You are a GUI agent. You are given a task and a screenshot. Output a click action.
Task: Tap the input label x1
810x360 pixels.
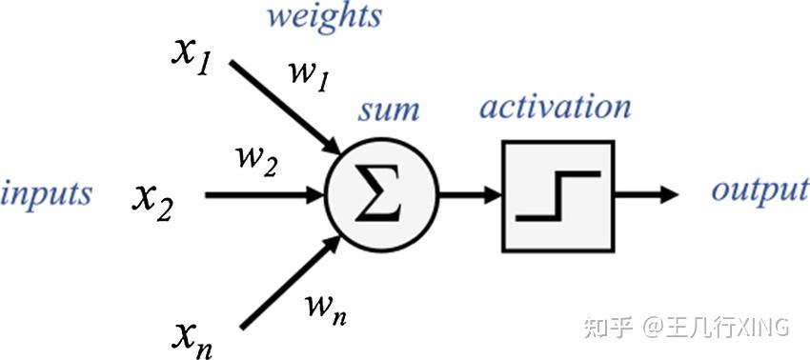191,58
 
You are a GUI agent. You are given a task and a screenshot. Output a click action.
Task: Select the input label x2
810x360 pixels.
152,203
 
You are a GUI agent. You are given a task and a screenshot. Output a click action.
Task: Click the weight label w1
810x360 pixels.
309,76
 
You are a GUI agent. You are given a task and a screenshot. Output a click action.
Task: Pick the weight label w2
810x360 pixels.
256,161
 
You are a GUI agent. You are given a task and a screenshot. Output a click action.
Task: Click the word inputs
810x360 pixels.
47,194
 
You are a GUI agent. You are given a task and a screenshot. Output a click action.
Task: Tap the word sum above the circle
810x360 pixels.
389,111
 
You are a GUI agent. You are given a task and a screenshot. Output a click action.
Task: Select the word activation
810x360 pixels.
556,107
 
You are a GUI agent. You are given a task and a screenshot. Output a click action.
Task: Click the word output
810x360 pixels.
760,191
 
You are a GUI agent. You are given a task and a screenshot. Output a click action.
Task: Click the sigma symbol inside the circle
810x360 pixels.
382,194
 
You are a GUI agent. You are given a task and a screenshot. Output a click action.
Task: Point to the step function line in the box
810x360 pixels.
557,196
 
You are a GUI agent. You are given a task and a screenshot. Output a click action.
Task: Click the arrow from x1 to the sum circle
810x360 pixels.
285,108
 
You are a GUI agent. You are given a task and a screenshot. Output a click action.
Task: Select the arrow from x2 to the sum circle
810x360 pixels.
265,194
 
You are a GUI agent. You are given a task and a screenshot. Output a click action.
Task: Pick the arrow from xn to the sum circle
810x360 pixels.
291,282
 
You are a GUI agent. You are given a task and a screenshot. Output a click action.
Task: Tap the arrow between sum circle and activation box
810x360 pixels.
470,194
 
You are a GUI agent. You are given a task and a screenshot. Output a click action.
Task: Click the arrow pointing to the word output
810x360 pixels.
646,194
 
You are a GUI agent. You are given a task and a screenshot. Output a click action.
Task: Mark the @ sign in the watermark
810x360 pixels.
652,328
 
